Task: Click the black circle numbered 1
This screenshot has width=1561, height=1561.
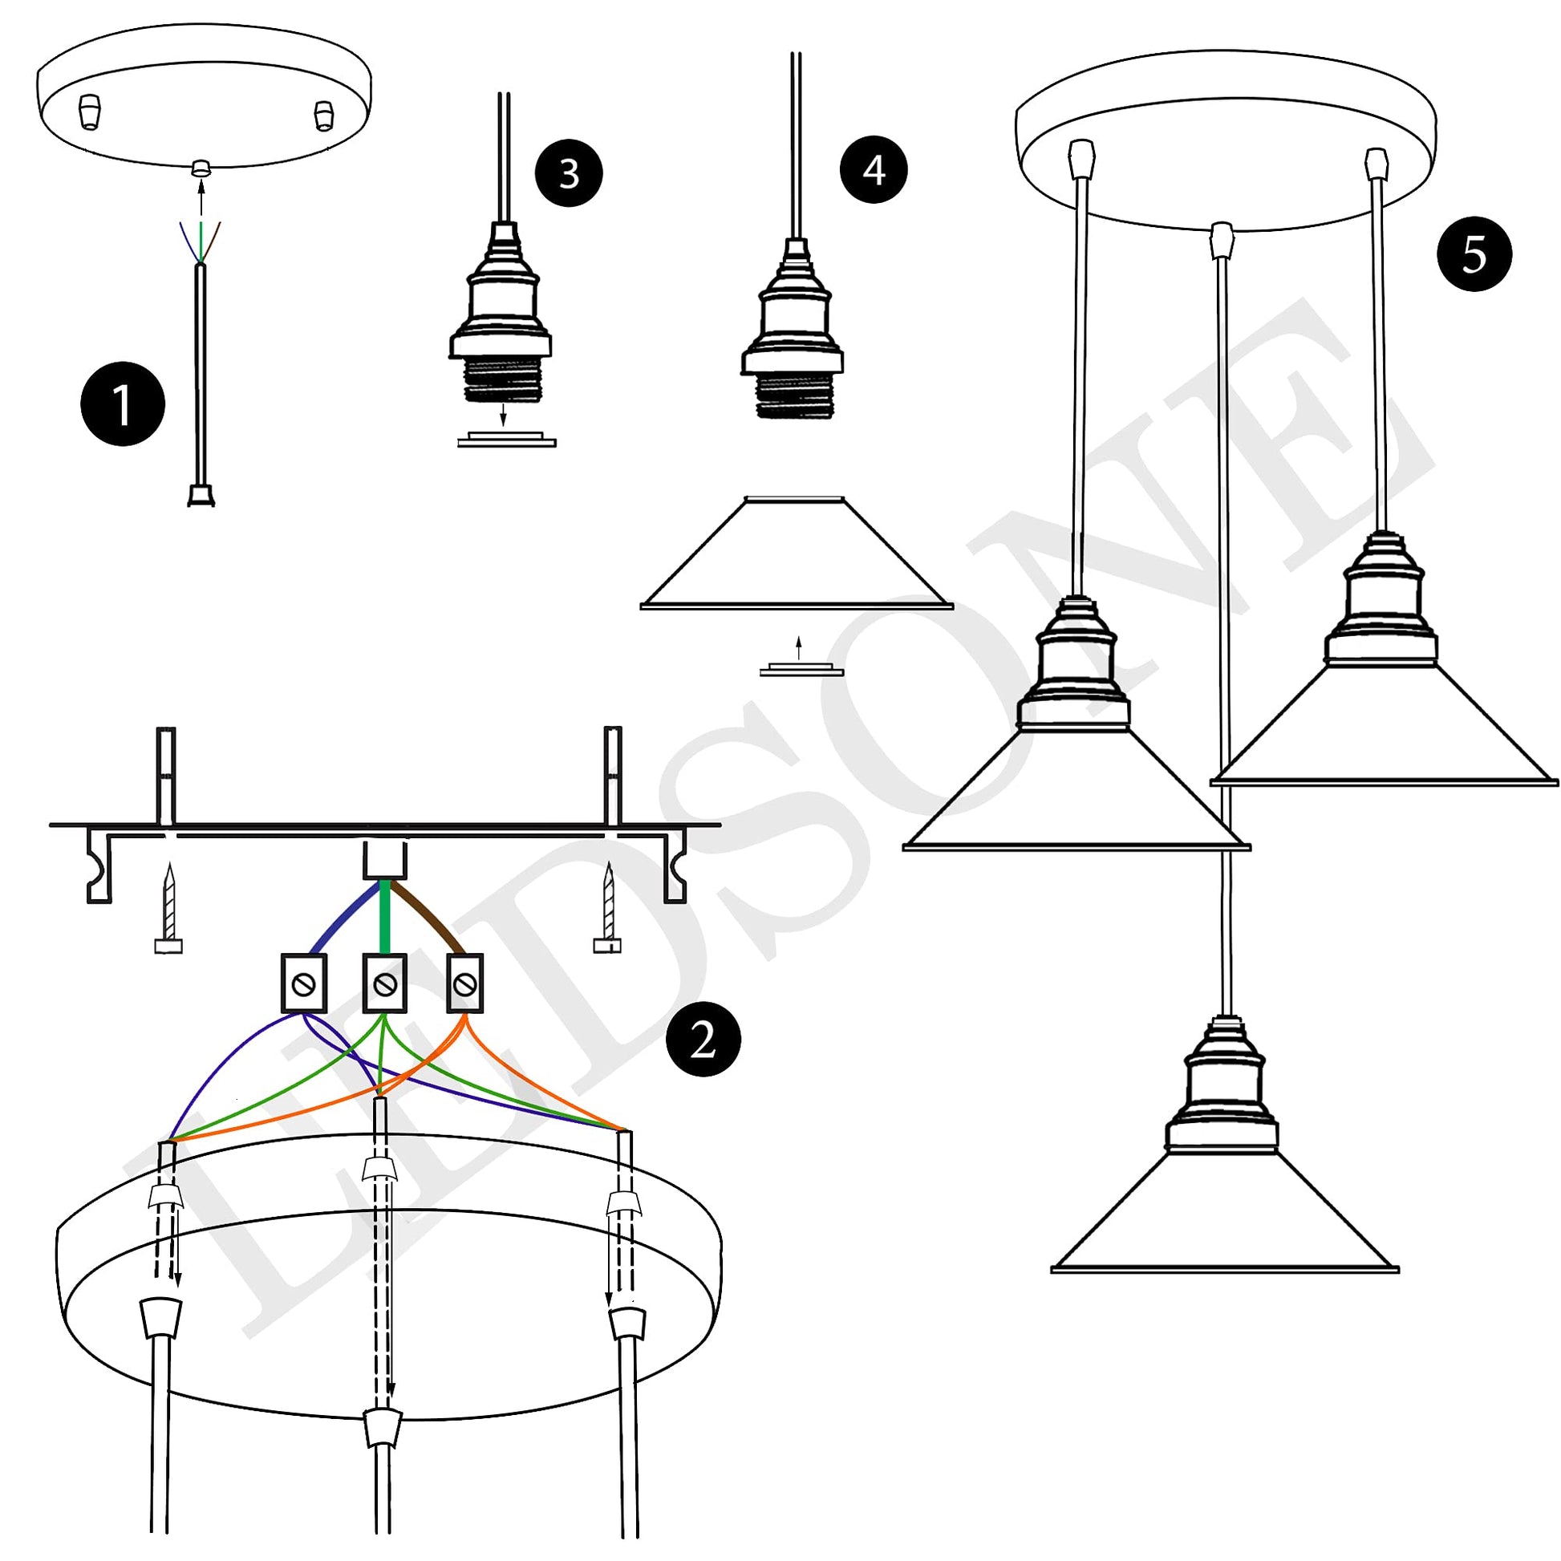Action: (x=123, y=403)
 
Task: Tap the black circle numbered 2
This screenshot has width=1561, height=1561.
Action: (x=703, y=1040)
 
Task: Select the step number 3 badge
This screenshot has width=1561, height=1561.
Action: (x=569, y=172)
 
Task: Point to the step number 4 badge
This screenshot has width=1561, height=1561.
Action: (x=874, y=169)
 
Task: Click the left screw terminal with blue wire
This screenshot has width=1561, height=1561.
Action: (x=303, y=983)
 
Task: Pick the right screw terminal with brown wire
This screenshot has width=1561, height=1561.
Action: (x=464, y=983)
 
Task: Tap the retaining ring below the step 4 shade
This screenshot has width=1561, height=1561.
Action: (x=801, y=670)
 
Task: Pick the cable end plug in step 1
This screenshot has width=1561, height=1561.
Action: (x=201, y=495)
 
